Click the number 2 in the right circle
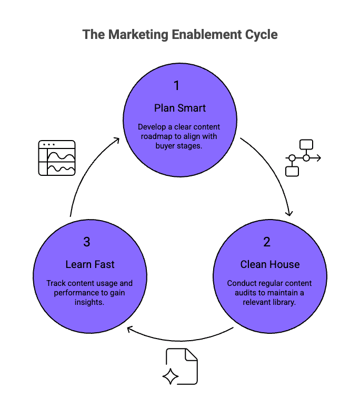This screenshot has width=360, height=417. click(x=266, y=242)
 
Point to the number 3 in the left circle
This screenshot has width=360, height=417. click(x=86, y=242)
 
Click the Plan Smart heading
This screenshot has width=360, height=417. click(x=180, y=108)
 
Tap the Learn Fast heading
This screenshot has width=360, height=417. click(x=89, y=264)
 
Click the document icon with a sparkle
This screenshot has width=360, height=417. click(x=181, y=366)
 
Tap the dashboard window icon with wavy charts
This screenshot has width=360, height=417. click(x=57, y=158)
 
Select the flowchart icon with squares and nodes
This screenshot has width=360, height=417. click(x=303, y=157)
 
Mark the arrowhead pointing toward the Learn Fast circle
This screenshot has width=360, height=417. click(x=130, y=330)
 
